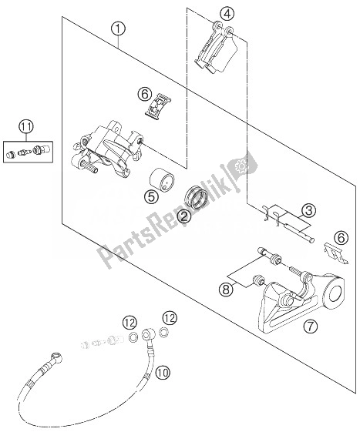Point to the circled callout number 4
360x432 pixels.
coord(226,12)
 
